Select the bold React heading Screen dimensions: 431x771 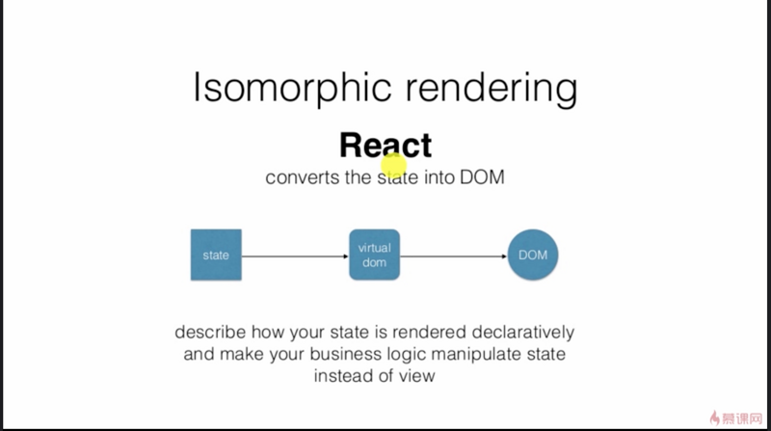coord(385,145)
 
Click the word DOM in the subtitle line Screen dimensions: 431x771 coord(483,178)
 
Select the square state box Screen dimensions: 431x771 coord(216,256)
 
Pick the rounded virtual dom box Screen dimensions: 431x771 coord(374,255)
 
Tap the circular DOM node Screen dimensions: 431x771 coord(533,256)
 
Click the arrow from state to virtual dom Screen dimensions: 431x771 coord(294,256)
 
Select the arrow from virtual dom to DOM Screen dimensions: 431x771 coord(453,256)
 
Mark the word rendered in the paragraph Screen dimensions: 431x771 coord(425,333)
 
